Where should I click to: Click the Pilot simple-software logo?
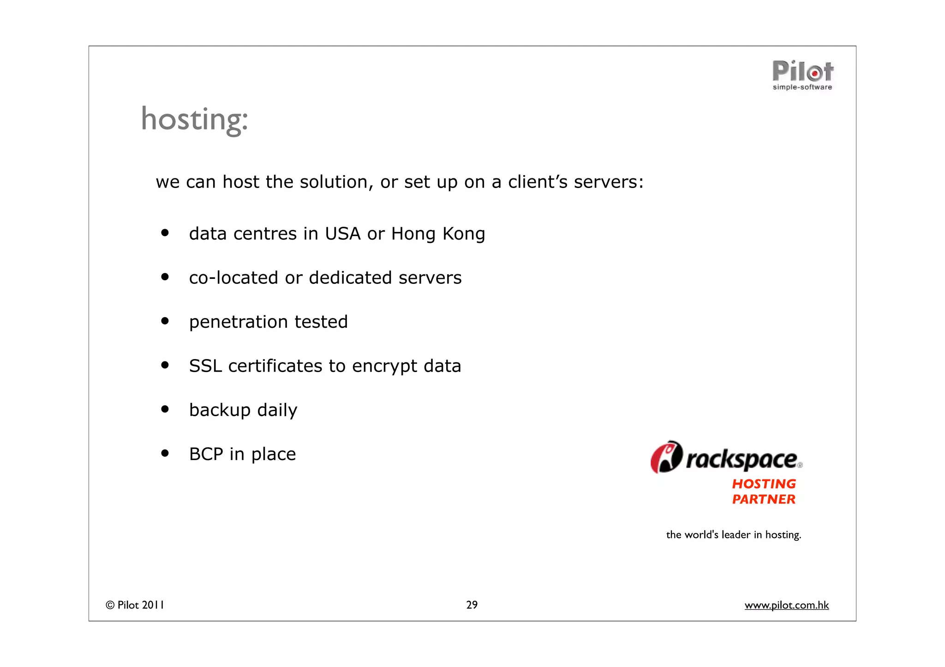(x=802, y=75)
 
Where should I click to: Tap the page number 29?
(x=472, y=605)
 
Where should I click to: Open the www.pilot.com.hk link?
(x=786, y=605)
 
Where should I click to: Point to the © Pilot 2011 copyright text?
(x=135, y=605)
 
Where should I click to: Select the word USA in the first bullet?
(x=342, y=234)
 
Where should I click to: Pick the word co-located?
(x=233, y=278)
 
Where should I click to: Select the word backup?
(x=220, y=410)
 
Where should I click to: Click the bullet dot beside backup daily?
(x=165, y=409)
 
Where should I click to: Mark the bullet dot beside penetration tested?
(x=165, y=321)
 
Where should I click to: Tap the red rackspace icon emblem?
(x=666, y=457)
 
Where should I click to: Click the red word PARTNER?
(x=764, y=499)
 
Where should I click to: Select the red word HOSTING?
(x=764, y=484)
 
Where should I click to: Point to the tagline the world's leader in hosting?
(x=733, y=535)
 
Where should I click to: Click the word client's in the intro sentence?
(x=538, y=182)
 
